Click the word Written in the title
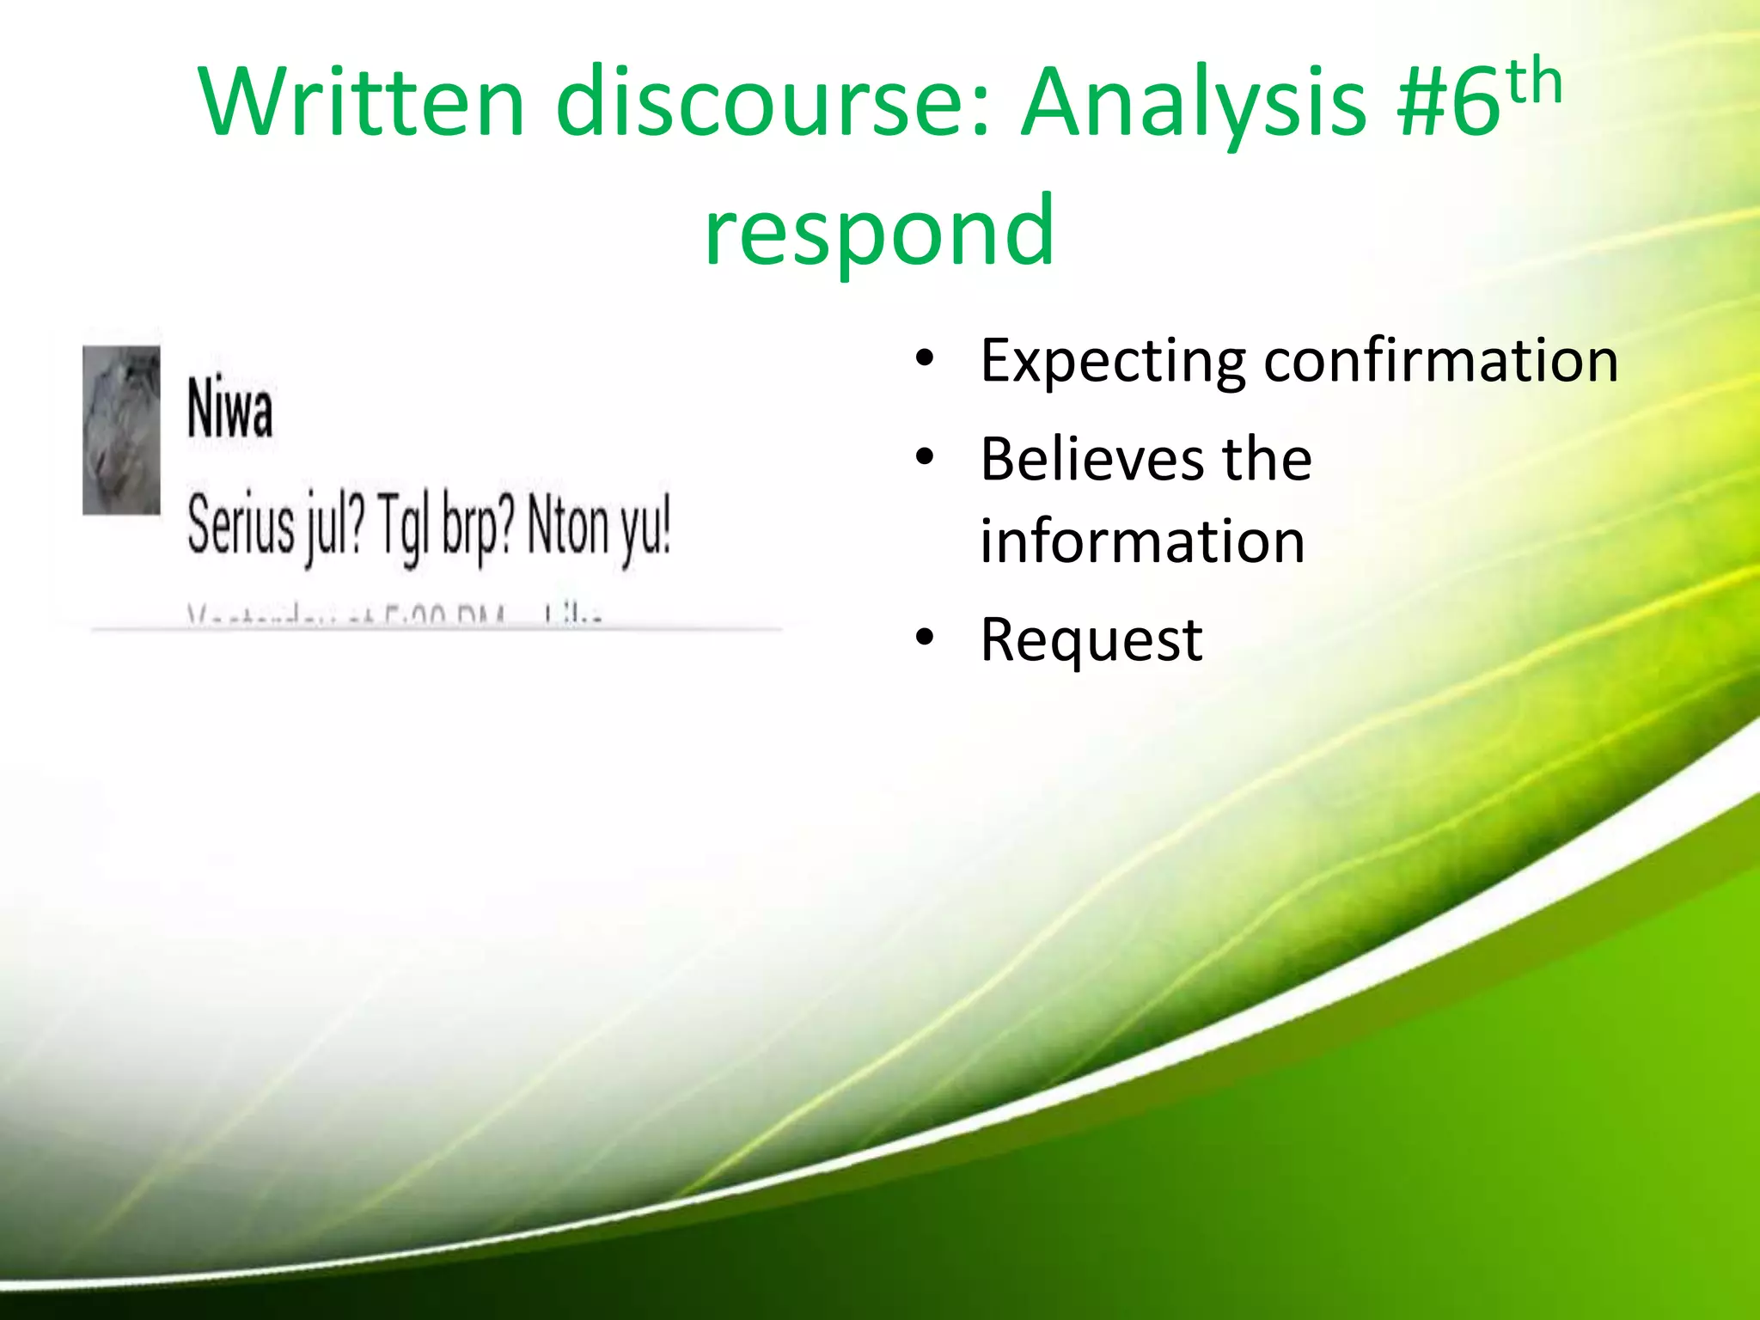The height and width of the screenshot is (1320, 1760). pyautogui.click(x=361, y=103)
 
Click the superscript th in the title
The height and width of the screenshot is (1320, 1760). pyautogui.click(x=1534, y=82)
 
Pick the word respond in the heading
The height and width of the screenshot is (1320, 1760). pyautogui.click(x=879, y=230)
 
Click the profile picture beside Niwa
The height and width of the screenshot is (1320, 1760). pyautogui.click(x=121, y=430)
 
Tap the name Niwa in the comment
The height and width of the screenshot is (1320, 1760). pyautogui.click(x=229, y=410)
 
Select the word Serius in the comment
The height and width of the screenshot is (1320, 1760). pyautogui.click(x=241, y=525)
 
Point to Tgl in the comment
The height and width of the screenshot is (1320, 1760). pyautogui.click(x=401, y=529)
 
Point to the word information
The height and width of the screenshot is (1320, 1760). pyautogui.click(x=1142, y=541)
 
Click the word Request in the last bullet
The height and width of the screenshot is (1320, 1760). pyautogui.click(x=1091, y=641)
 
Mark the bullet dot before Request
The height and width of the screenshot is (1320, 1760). pyautogui.click(x=925, y=638)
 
